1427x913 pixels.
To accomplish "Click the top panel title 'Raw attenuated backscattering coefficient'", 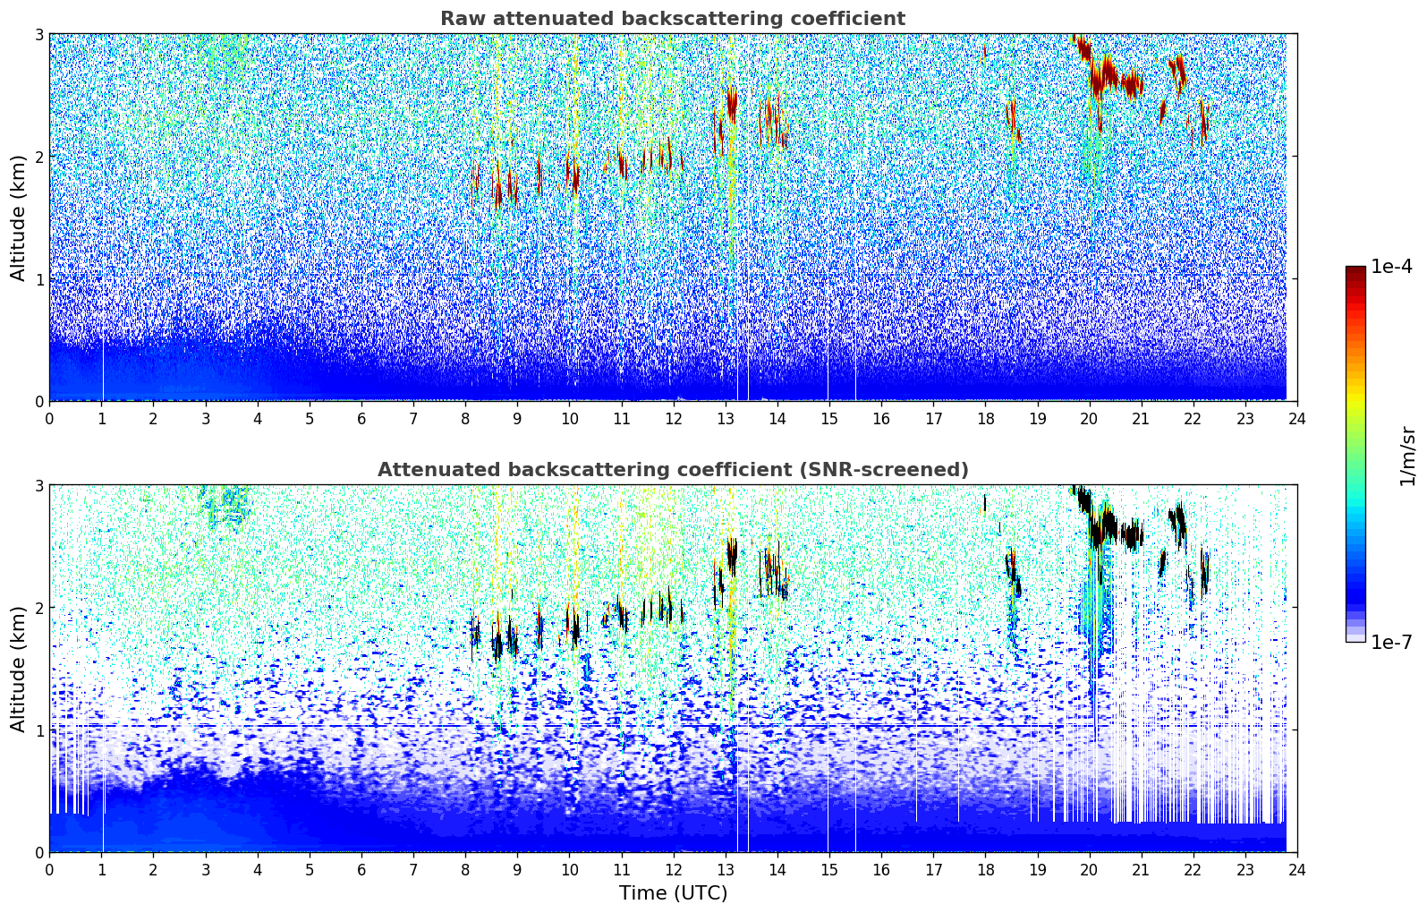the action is (673, 19).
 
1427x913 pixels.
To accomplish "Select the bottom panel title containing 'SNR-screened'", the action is (673, 470).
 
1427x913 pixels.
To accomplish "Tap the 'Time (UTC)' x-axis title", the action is (673, 893).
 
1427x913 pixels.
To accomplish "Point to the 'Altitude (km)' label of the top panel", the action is (18, 218).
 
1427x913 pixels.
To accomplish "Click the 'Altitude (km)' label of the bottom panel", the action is (18, 669).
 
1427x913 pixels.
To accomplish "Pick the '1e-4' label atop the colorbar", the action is (1391, 267).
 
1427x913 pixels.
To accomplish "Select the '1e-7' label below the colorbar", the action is (1391, 643).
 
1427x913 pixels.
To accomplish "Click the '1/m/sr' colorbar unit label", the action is (1407, 456).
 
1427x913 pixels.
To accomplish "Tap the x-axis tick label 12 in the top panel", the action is (674, 419).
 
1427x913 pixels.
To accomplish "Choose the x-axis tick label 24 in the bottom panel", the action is (1297, 870).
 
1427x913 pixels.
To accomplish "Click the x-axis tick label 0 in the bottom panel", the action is (50, 870).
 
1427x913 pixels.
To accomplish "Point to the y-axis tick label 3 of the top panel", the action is (38, 34).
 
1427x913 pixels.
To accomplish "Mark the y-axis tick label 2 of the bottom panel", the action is (38, 609).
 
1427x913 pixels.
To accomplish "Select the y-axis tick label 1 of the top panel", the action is (38, 279).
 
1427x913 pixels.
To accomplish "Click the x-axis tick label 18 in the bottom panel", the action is (986, 870).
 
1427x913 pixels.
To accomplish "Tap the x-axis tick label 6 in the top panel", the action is (361, 419).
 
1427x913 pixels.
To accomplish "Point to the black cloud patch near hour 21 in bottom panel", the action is (1132, 535).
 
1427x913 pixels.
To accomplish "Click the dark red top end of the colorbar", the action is (1355, 270).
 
